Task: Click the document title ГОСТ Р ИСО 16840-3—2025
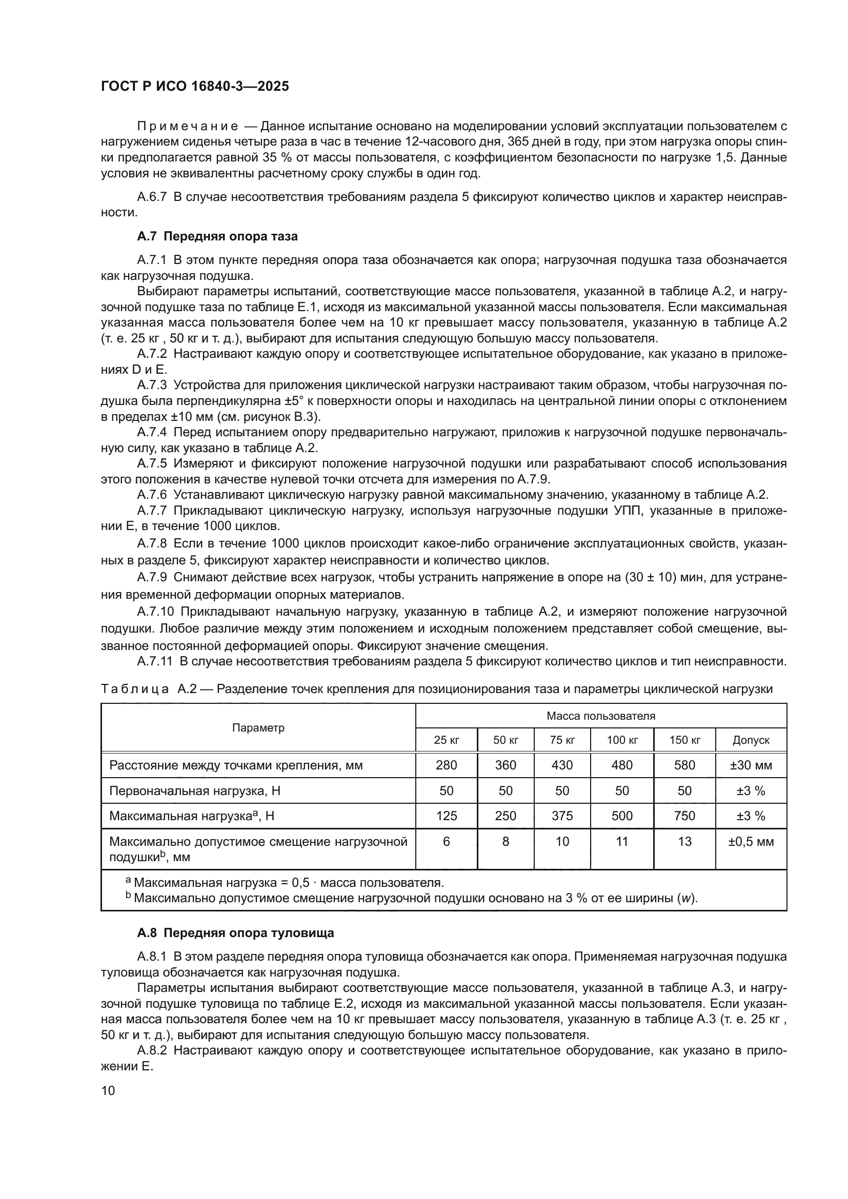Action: (195, 87)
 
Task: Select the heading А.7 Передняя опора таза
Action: (217, 236)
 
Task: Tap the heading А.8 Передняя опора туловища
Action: (235, 932)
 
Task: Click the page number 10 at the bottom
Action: (108, 1090)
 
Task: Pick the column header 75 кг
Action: (562, 740)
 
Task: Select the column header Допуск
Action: (751, 740)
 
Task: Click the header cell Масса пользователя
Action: (600, 716)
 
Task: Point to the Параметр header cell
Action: (258, 728)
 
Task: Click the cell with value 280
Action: (446, 765)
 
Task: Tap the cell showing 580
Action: (684, 765)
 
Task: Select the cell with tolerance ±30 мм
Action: (751, 765)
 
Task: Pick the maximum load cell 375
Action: (562, 816)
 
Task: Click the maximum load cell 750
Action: (684, 816)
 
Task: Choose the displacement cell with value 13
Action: (684, 841)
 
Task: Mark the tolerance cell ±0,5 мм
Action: (751, 841)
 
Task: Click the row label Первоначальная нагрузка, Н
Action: (195, 790)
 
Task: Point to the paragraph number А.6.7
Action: (151, 197)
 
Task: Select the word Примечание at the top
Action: (188, 127)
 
